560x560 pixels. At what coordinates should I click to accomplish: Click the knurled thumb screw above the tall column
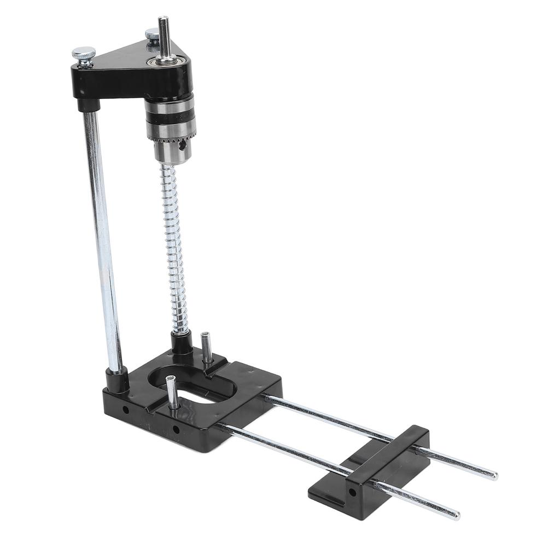click(84, 54)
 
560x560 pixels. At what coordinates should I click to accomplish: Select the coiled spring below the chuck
click(175, 246)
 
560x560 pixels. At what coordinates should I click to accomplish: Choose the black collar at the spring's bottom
click(181, 343)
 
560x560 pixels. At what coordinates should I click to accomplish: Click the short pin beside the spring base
click(206, 348)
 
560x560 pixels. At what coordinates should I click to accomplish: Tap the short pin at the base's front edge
click(172, 392)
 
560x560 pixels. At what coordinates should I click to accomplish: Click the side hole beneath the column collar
click(126, 409)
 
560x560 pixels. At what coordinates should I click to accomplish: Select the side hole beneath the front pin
click(176, 430)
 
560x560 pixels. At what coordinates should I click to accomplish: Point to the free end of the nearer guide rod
click(456, 515)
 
